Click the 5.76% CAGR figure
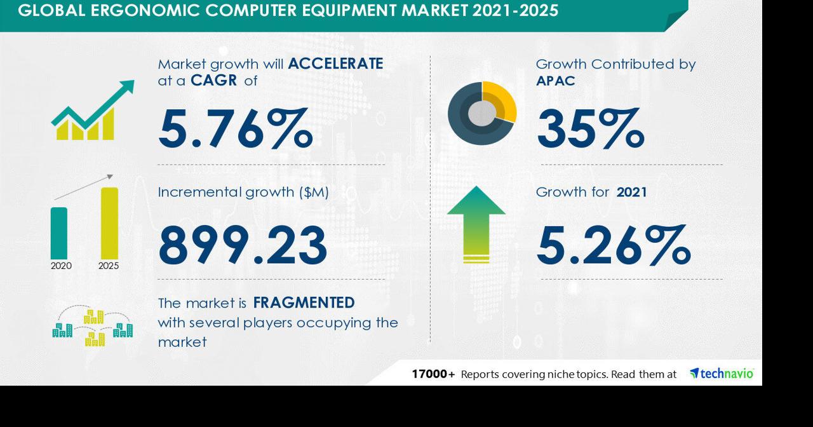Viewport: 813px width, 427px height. (x=235, y=128)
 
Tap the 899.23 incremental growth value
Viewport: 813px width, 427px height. (x=243, y=245)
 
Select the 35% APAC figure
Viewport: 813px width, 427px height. (x=591, y=128)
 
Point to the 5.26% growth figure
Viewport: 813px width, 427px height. (x=614, y=245)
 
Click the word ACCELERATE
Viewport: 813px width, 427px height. (x=336, y=64)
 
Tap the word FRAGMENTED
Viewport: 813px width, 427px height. (x=304, y=303)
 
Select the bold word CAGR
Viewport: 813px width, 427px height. (x=214, y=81)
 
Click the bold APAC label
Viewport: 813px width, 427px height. (x=556, y=81)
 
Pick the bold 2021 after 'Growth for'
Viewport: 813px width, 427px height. (x=631, y=192)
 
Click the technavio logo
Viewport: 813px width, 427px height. (x=722, y=373)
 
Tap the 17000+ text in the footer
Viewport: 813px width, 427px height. (x=433, y=374)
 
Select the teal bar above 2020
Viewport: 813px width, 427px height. (x=59, y=233)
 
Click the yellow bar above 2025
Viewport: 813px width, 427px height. (x=110, y=223)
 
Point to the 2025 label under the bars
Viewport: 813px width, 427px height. (x=109, y=266)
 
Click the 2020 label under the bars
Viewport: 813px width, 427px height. (x=61, y=266)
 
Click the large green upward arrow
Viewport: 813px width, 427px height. (x=476, y=224)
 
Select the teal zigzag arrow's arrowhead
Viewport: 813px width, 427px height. (x=126, y=88)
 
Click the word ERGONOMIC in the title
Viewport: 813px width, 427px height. (x=145, y=11)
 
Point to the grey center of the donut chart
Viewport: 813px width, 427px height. (x=481, y=114)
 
